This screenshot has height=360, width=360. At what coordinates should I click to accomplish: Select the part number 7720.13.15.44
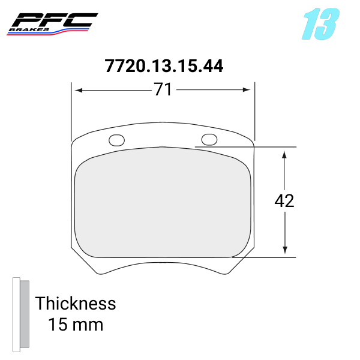click(x=164, y=66)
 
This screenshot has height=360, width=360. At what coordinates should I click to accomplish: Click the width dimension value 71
click(x=163, y=90)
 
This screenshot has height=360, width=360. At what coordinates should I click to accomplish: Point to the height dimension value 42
click(x=284, y=201)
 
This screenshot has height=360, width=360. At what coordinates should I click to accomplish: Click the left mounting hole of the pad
click(x=116, y=140)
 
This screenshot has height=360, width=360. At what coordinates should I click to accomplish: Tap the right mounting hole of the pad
click(x=209, y=140)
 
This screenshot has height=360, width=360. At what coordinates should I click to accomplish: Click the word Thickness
click(x=76, y=303)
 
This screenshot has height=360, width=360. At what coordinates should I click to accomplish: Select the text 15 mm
click(x=76, y=325)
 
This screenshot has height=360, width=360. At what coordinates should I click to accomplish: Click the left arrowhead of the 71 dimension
click(x=77, y=90)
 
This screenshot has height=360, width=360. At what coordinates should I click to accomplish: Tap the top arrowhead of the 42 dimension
click(x=285, y=153)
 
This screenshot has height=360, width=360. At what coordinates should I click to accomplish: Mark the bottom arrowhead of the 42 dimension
click(x=285, y=251)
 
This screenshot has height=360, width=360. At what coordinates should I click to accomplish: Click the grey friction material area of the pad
click(x=162, y=204)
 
